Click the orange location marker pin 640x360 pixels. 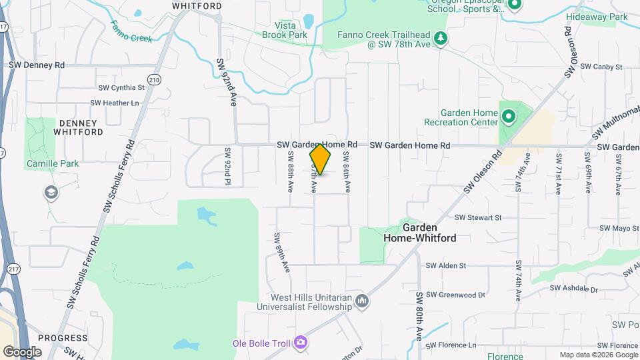tap(320, 159)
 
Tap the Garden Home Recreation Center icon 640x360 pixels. tap(508, 118)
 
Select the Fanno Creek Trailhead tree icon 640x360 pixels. tap(439, 39)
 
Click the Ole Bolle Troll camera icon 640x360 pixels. tap(301, 343)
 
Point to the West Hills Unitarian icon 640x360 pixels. tap(361, 301)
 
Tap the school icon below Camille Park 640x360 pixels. tap(51, 193)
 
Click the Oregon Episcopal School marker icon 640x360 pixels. tap(514, 5)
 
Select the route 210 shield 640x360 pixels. tap(155, 80)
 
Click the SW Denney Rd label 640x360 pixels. tap(37, 65)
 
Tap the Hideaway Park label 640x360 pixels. tap(597, 16)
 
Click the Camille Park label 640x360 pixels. tap(53, 163)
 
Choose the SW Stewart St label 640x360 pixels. tap(477, 217)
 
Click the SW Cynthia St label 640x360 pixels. tap(121, 87)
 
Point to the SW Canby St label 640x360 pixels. tap(601, 67)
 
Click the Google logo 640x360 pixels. tap(22, 351)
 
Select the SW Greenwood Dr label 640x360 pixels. tap(455, 294)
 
